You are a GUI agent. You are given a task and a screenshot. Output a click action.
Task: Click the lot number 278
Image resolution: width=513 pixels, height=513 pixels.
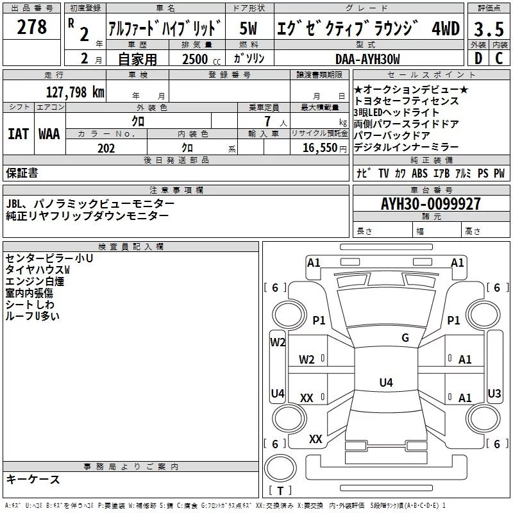point(33,28)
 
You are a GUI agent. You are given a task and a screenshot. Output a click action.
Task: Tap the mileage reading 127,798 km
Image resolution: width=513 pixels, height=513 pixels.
point(75,92)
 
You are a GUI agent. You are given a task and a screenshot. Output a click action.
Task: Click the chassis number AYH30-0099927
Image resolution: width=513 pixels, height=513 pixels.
point(430,204)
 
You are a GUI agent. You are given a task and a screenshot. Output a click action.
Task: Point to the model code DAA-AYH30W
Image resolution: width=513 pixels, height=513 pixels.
point(367,59)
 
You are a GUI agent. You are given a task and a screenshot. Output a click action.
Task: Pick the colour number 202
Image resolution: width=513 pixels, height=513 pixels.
point(106,148)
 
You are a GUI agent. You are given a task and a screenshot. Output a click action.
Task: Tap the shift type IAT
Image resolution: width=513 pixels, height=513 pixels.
point(18,134)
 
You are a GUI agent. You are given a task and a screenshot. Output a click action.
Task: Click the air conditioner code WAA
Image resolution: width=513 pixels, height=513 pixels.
point(49,134)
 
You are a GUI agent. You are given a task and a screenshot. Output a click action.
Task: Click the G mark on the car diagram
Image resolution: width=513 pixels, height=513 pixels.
point(405,338)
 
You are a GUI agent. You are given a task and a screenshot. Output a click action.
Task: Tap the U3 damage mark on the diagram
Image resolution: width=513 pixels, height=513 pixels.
point(494,393)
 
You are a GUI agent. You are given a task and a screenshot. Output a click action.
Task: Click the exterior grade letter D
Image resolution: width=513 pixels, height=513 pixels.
point(477,58)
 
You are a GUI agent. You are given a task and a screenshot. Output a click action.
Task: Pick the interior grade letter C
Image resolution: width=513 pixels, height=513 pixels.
point(498,58)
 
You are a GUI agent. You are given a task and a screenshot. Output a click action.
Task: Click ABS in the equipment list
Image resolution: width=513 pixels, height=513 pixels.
point(420,174)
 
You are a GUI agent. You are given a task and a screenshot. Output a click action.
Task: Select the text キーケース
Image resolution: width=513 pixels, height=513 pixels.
point(33,480)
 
